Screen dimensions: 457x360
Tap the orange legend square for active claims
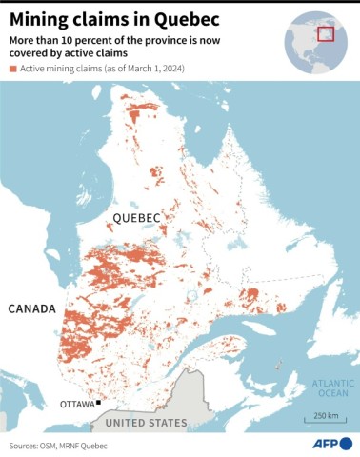coord(13,70)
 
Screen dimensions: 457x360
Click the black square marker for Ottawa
coord(98,403)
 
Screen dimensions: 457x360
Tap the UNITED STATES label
coord(146,422)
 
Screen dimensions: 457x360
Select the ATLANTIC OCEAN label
coord(331,387)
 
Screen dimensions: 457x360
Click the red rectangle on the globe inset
coord(327,34)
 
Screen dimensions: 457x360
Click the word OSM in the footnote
coord(61,446)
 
